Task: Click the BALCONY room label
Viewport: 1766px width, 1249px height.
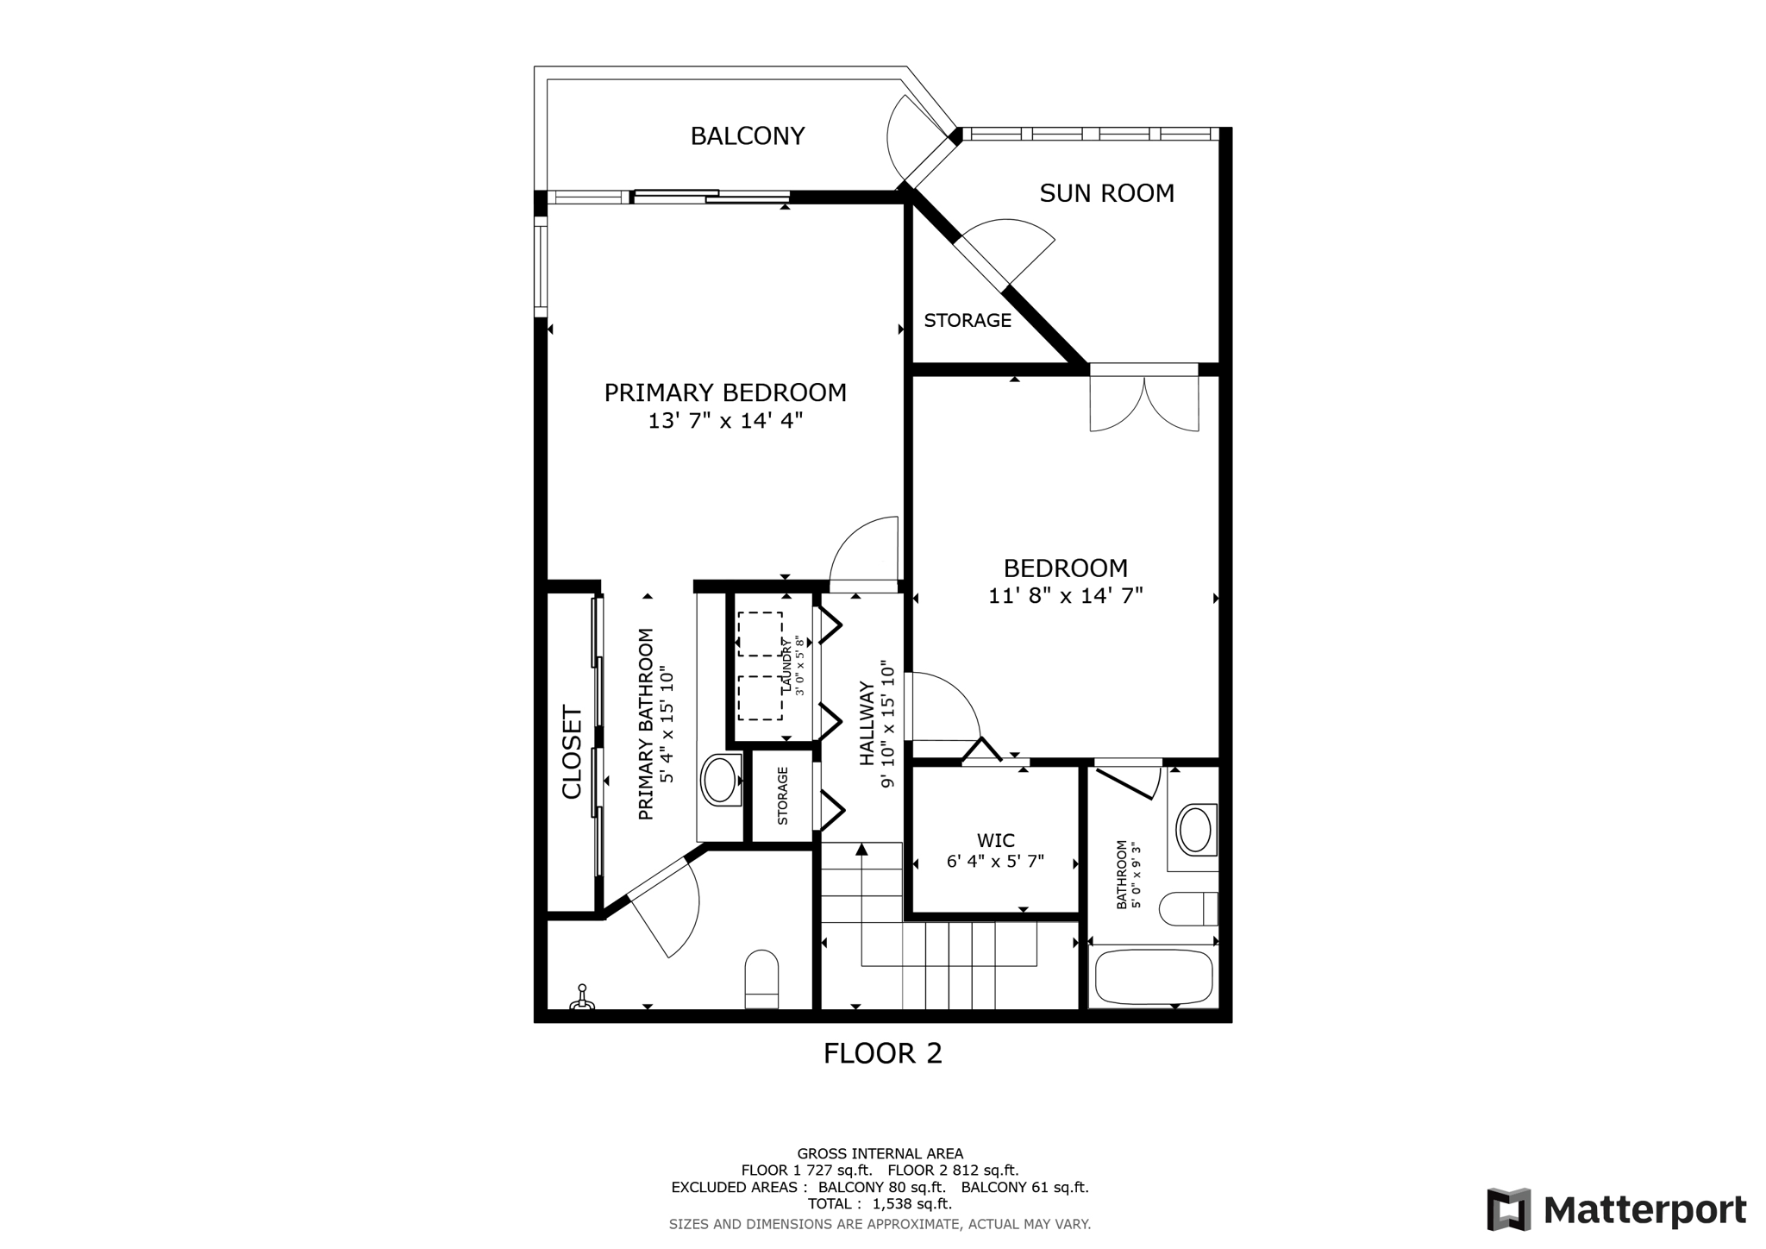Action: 748,136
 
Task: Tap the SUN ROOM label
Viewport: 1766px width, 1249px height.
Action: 1106,193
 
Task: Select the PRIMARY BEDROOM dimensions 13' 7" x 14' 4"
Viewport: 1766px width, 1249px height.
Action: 725,421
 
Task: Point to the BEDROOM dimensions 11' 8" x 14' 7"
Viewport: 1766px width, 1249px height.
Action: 1066,596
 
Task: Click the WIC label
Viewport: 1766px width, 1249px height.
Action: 996,840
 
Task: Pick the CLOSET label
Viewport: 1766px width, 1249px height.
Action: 573,752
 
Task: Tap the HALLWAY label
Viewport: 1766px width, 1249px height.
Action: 867,724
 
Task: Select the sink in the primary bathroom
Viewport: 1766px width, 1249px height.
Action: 720,779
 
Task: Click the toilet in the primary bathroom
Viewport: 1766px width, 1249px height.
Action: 761,979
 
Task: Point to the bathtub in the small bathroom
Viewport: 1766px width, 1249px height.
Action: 1154,977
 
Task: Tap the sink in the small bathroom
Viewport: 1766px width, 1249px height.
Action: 1195,830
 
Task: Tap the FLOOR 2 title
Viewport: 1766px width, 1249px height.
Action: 883,1053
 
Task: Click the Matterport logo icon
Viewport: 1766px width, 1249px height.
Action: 1508,1209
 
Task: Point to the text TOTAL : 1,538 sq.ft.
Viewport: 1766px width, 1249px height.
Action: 880,1204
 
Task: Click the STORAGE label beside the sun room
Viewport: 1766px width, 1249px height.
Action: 968,321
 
